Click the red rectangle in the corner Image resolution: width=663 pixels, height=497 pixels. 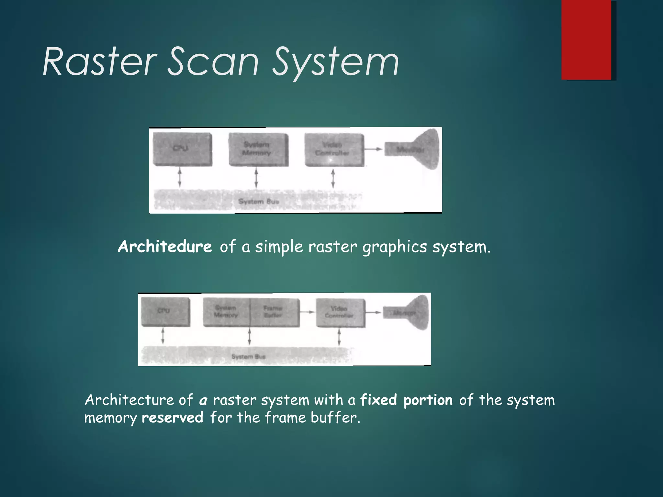point(586,40)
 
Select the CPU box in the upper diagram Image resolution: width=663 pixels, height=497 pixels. point(182,149)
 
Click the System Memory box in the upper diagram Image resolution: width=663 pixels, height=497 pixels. point(258,149)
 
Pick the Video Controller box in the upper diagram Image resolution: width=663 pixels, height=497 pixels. point(334,150)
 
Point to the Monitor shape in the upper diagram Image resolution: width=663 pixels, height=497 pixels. point(418,149)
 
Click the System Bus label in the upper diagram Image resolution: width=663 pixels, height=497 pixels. point(258,201)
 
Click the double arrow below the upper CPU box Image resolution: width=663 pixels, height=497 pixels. point(180,177)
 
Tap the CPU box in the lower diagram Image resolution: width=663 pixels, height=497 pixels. point(165,312)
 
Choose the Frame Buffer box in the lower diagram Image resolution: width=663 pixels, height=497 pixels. point(275,312)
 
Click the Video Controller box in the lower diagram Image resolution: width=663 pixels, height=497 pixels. point(340,312)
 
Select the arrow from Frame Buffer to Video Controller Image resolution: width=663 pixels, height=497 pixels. point(307,312)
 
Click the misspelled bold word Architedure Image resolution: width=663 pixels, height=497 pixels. point(165,247)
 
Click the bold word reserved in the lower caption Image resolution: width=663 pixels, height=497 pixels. point(173,417)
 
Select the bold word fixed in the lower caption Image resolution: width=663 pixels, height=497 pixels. point(378,400)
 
